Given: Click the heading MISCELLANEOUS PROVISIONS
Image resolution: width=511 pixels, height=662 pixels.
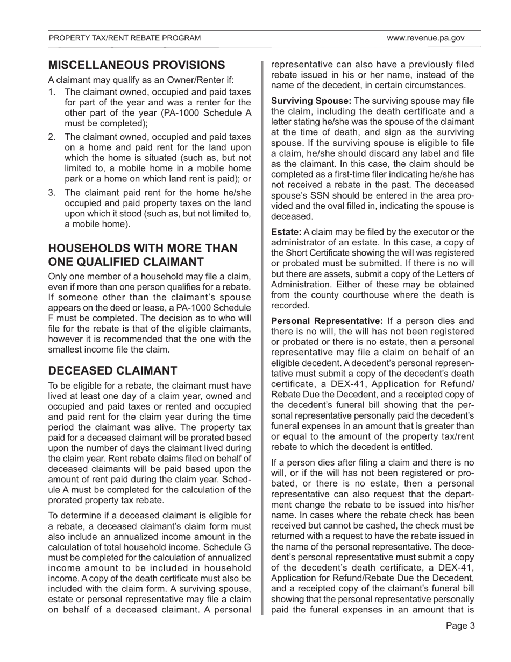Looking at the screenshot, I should coord(137,65).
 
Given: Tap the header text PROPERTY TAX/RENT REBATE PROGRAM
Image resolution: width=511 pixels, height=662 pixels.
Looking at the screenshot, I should coord(125,38).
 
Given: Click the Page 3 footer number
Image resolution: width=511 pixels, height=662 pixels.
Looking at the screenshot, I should coord(460,625).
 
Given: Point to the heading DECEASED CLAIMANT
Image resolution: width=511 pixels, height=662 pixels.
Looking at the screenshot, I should coord(113,371).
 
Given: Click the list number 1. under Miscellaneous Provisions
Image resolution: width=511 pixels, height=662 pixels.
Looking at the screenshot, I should coord(52,92).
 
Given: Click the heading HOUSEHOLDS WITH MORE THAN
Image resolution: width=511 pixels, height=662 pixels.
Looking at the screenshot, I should coord(143,249).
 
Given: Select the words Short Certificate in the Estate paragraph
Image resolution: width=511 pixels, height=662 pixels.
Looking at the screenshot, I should coord(322,253).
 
